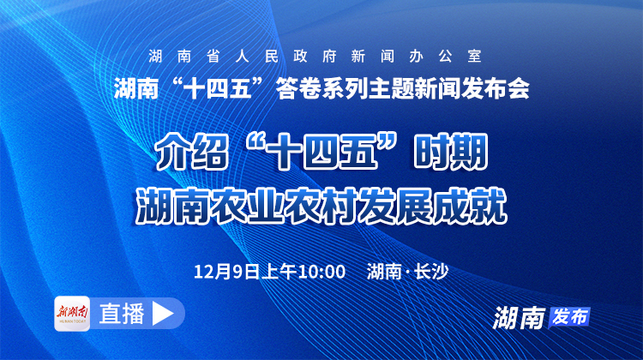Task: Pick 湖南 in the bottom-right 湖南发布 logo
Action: [520, 317]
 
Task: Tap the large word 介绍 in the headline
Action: [184, 155]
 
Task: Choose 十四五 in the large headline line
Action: [322, 155]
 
